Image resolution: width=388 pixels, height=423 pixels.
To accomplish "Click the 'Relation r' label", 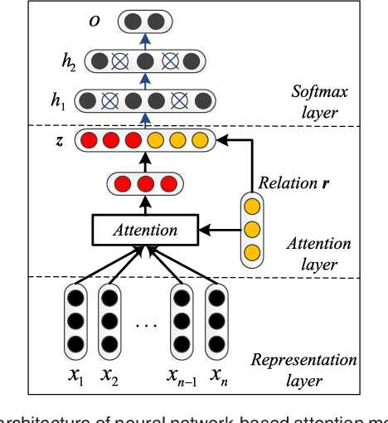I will click(x=289, y=182).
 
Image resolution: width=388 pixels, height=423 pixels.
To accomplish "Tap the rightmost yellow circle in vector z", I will click(x=199, y=140).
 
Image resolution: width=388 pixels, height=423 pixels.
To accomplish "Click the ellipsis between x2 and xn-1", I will click(x=146, y=324).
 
